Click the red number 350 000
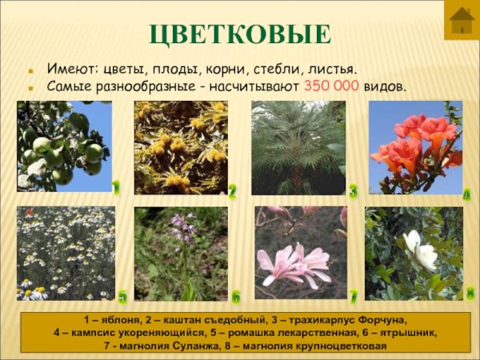coord(332,86)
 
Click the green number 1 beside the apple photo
coord(116,188)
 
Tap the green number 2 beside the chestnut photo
coord(232,191)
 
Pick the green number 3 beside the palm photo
coord(353,190)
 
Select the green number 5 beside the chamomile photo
coord(122,298)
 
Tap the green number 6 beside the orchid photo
coord(236,297)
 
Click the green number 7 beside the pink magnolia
coord(353,295)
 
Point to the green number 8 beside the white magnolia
coord(470,293)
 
